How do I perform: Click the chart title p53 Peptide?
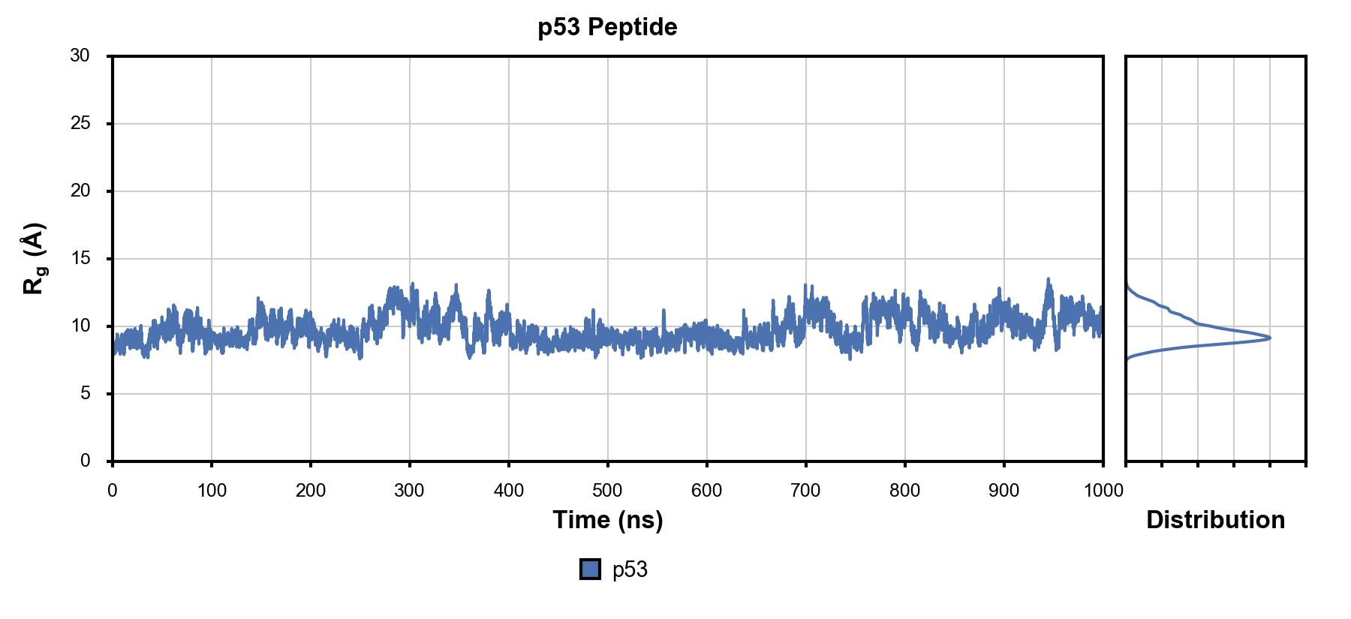[x=607, y=27]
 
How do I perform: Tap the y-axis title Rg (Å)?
[x=35, y=258]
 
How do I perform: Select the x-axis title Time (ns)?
[x=607, y=519]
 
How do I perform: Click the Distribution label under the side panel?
[x=1215, y=519]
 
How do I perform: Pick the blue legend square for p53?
[x=590, y=569]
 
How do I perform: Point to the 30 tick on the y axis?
[x=80, y=56]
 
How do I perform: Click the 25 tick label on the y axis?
[x=80, y=123]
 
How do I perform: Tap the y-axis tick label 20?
[x=80, y=191]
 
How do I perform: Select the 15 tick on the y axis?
[x=80, y=258]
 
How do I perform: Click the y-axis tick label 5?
[x=85, y=393]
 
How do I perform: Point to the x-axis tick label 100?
[x=212, y=491]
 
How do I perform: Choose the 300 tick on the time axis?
[x=409, y=491]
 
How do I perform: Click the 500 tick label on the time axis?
[x=607, y=491]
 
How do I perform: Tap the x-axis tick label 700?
[x=805, y=491]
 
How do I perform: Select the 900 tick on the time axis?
[x=1003, y=491]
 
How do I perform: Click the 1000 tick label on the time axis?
[x=1103, y=491]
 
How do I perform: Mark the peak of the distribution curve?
[x=1269, y=338]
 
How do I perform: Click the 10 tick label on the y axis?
[x=80, y=326]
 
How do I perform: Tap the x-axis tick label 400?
[x=508, y=491]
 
